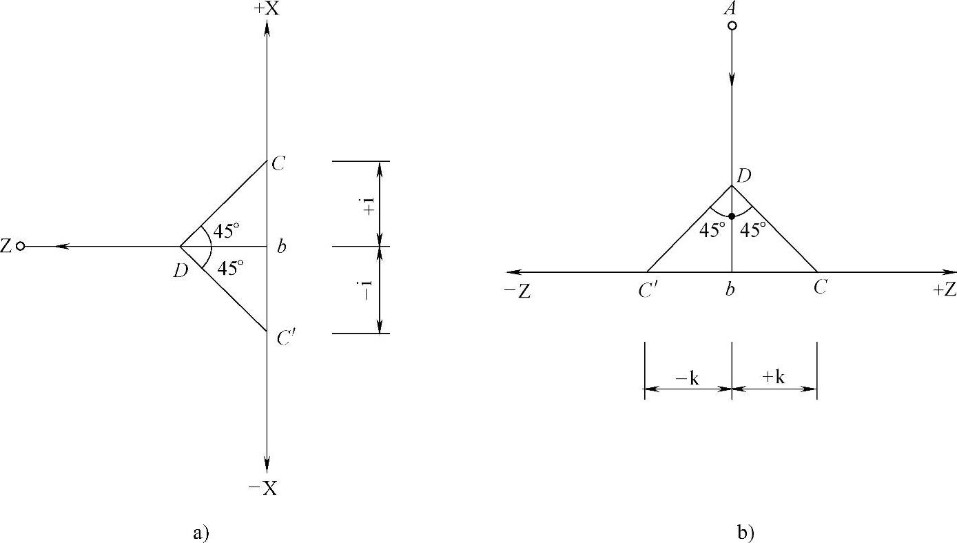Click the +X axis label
click(x=267, y=8)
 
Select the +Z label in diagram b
click(x=945, y=290)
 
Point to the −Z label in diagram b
click(x=517, y=291)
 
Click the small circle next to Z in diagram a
click(x=20, y=247)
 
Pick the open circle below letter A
click(x=732, y=25)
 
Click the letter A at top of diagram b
click(x=730, y=8)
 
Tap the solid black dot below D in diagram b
click(x=732, y=216)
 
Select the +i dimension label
click(x=369, y=205)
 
